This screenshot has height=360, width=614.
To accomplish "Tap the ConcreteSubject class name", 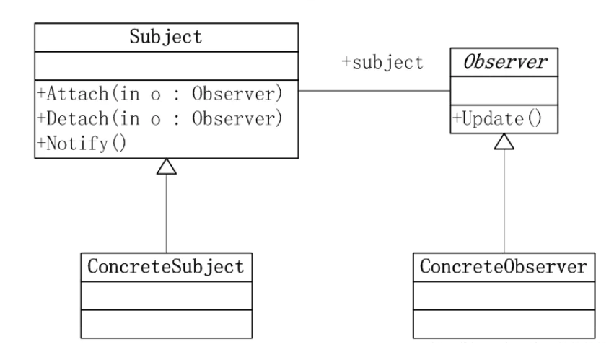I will pos(167,267).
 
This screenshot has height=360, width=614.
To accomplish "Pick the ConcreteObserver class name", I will pos(503,267).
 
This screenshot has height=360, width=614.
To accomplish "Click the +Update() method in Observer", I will pos(496,118).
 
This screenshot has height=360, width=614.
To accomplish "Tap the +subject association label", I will pos(382,63).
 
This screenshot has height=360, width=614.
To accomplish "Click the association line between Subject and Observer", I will pos(375,92).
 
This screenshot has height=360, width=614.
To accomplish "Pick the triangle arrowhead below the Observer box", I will pos(504,141).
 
